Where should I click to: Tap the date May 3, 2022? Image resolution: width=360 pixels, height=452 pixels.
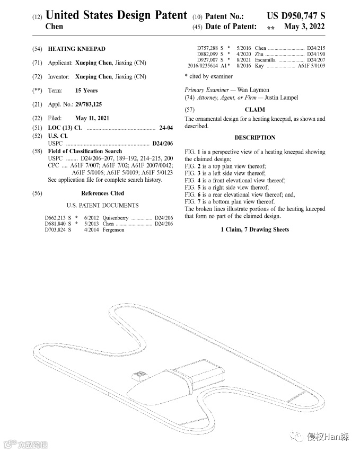coord(304,26)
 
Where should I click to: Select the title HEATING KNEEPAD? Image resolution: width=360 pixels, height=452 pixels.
coord(76,49)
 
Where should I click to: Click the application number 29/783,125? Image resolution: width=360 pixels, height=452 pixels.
coord(89,104)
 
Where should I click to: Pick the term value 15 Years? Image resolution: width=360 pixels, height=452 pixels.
coord(86,91)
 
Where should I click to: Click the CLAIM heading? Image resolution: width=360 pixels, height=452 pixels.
coord(254,110)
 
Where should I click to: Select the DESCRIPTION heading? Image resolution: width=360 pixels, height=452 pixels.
coord(255,138)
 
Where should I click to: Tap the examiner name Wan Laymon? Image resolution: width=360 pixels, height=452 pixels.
coord(253,90)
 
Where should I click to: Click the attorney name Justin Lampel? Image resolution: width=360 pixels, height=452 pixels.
coord(282,98)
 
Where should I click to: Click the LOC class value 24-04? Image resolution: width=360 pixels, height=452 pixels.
coord(166,128)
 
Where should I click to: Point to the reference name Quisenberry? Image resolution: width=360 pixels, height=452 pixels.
coord(116,218)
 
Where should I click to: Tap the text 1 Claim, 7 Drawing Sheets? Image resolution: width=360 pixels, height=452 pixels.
coord(255,229)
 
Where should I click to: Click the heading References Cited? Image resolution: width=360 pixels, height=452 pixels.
coord(103,193)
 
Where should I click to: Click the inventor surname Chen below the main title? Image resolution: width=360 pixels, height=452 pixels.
coord(54,26)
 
